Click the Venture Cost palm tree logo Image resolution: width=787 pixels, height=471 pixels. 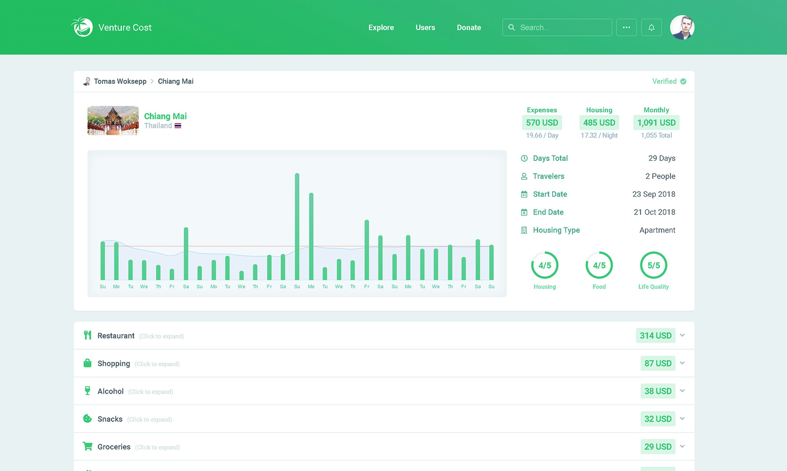pyautogui.click(x=82, y=27)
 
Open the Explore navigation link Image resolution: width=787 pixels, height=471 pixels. pyautogui.click(x=381, y=27)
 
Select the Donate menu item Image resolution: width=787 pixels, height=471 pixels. pyautogui.click(x=469, y=27)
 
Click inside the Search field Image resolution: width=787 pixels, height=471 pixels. pyautogui.click(x=562, y=27)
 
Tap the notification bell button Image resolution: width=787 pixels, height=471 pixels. pyautogui.click(x=651, y=27)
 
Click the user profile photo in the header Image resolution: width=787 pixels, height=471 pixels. pyautogui.click(x=682, y=27)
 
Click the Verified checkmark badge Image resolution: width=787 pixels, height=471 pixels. pyautogui.click(x=683, y=81)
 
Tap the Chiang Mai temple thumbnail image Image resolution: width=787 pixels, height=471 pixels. pyautogui.click(x=113, y=121)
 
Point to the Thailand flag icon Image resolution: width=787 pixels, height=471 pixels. pyautogui.click(x=178, y=126)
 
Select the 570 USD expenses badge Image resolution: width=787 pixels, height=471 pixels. pyautogui.click(x=542, y=122)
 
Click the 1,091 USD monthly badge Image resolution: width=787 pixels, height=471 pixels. pyautogui.click(x=656, y=122)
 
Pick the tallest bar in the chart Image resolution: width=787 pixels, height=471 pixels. pyautogui.click(x=297, y=226)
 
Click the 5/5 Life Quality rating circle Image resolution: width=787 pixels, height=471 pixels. pyautogui.click(x=653, y=265)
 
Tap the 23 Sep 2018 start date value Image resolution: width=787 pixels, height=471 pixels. pyautogui.click(x=653, y=194)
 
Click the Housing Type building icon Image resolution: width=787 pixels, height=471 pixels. pyautogui.click(x=524, y=230)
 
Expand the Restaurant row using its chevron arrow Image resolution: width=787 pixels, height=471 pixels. pyautogui.click(x=682, y=335)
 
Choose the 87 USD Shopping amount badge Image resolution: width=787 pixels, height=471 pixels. pyautogui.click(x=657, y=363)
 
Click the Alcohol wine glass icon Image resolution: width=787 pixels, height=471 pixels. pyautogui.click(x=87, y=391)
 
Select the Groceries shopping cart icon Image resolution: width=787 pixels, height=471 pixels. pyautogui.click(x=87, y=446)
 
